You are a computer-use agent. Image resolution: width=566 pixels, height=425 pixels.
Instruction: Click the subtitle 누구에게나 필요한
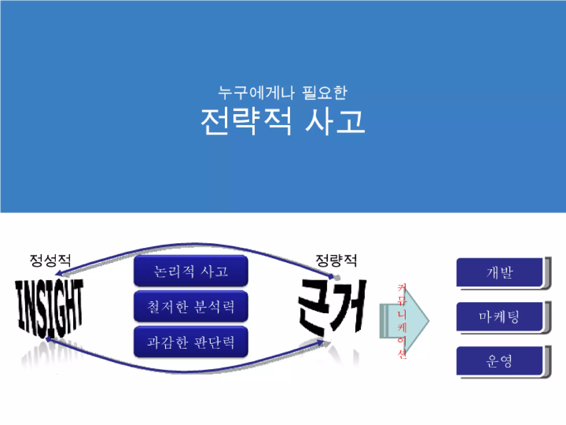point(282,93)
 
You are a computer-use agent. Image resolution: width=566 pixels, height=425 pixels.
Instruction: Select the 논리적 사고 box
point(191,271)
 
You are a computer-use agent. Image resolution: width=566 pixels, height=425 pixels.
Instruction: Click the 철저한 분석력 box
point(191,306)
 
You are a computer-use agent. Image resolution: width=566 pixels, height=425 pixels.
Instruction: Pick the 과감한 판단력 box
point(191,342)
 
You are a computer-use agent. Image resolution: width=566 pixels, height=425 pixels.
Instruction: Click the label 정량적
point(336,260)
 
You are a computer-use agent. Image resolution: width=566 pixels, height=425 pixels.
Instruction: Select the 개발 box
point(500,273)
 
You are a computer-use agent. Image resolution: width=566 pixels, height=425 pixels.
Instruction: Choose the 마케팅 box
point(500,317)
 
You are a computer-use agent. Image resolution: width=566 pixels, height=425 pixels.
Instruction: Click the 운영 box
point(500,361)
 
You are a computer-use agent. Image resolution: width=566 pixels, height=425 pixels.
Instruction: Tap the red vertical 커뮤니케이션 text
point(402,321)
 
